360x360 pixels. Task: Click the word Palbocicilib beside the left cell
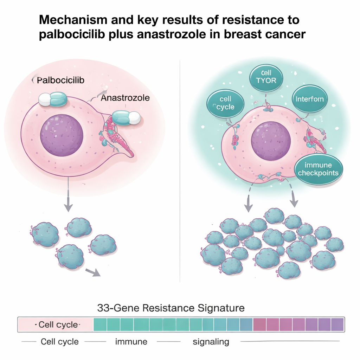(60, 80)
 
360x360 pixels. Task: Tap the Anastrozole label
(125, 98)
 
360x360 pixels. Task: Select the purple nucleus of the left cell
(62, 135)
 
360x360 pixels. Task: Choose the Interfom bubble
(309, 99)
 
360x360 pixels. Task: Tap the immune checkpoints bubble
(318, 169)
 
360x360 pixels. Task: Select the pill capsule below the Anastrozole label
(126, 118)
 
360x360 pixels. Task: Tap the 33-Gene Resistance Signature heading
(171, 308)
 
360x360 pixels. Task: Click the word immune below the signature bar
(131, 341)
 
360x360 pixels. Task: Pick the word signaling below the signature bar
(211, 341)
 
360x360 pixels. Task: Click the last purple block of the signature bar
(337, 324)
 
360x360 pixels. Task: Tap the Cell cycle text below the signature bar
(60, 341)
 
